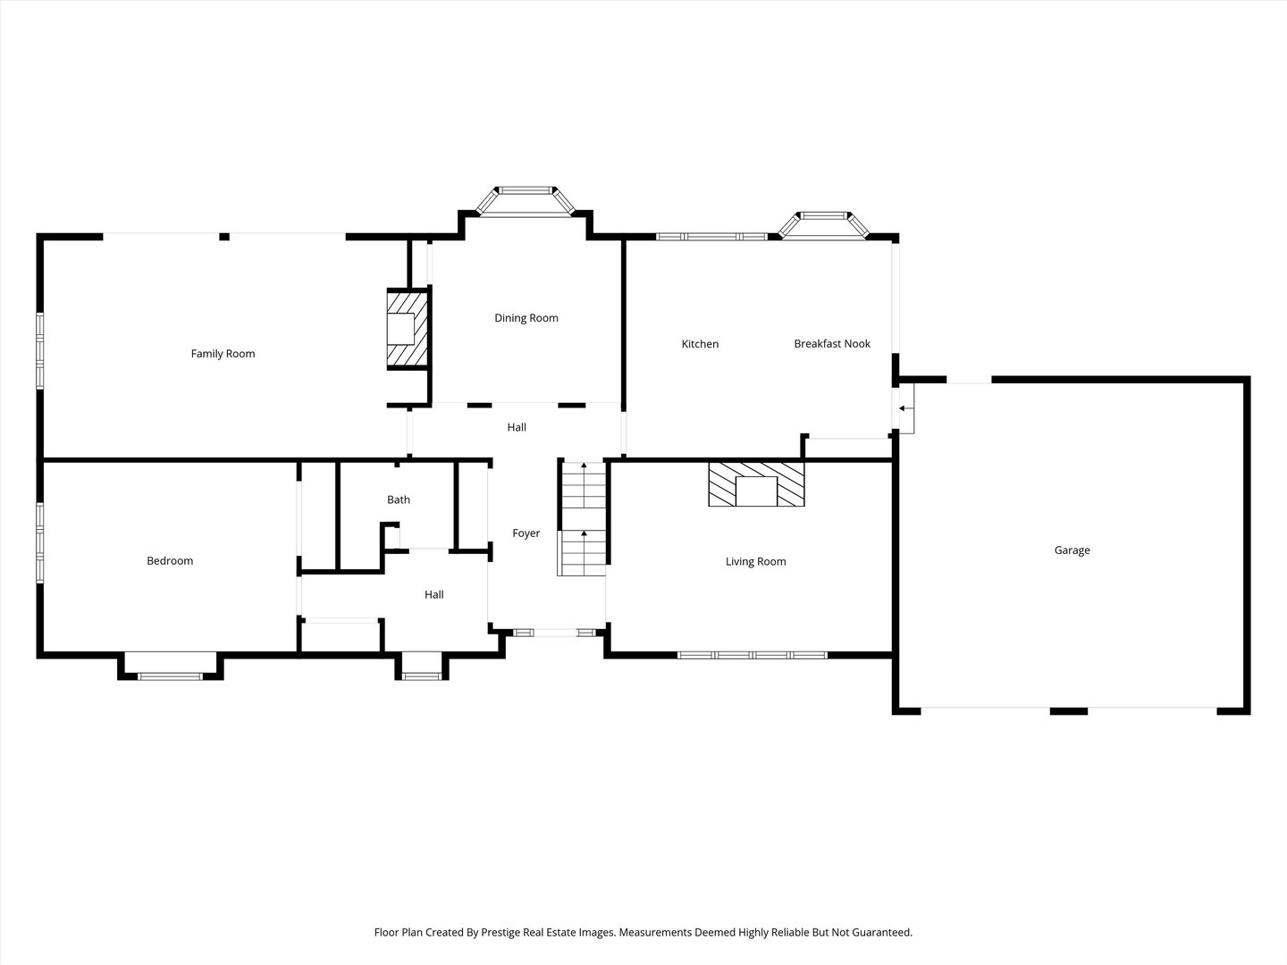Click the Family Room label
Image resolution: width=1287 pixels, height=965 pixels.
223,354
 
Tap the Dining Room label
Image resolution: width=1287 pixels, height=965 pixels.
526,318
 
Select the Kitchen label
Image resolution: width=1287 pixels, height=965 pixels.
700,344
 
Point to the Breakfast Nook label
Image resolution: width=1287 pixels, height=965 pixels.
832,344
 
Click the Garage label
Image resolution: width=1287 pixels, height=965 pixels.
1072,550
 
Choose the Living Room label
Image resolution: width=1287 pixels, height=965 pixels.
755,562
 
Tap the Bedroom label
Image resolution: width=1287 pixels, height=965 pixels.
170,561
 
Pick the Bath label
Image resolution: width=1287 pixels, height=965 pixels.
399,500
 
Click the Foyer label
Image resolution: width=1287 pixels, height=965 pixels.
526,533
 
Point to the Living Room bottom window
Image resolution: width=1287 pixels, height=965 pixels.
752,656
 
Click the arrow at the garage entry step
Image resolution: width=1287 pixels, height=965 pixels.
904,408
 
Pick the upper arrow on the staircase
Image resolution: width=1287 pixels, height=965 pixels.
584,466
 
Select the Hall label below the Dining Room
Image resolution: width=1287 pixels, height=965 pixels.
517,428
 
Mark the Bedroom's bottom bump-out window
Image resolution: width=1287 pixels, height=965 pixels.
170,675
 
